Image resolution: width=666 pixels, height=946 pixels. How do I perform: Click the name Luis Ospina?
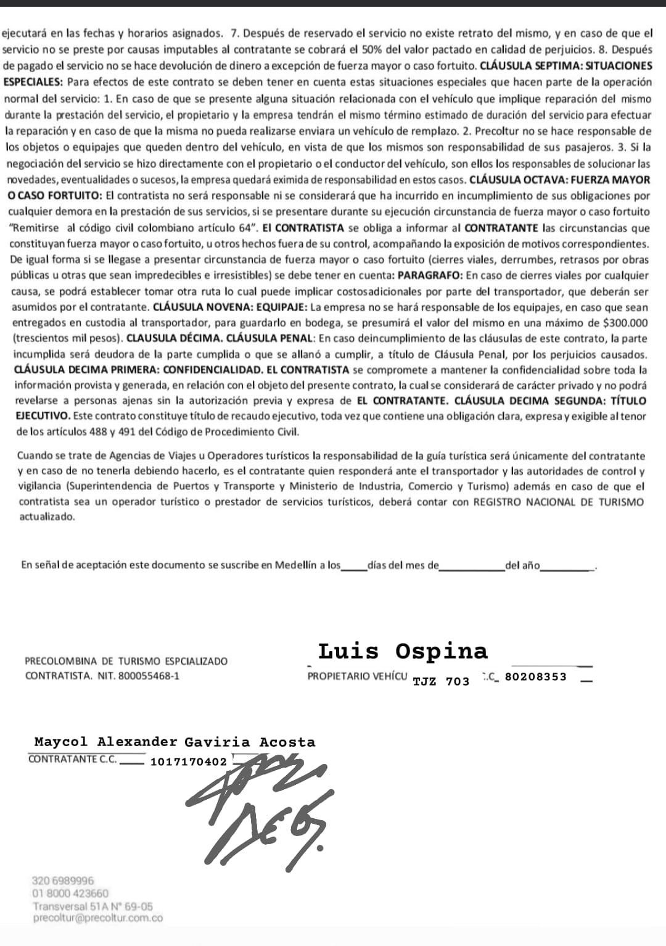(x=403, y=651)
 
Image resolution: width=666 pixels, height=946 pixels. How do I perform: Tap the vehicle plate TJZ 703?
(x=441, y=681)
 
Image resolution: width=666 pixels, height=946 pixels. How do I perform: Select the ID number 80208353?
(x=535, y=676)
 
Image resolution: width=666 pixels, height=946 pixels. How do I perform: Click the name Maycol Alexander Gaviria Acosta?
(x=175, y=742)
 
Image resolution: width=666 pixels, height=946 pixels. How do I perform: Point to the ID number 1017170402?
(x=189, y=761)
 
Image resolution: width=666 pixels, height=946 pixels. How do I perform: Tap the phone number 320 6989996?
(x=63, y=881)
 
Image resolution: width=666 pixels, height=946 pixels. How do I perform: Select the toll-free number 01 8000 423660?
(x=70, y=893)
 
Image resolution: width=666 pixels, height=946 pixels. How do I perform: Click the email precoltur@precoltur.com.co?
(x=98, y=918)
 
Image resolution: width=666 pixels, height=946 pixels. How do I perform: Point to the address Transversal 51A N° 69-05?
(x=92, y=906)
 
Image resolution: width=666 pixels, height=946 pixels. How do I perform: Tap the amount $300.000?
(x=625, y=322)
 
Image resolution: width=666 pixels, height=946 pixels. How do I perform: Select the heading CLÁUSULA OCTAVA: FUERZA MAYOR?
(x=559, y=180)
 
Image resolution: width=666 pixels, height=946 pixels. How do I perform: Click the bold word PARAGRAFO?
(x=430, y=275)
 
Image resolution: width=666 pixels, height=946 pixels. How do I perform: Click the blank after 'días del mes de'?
(x=472, y=566)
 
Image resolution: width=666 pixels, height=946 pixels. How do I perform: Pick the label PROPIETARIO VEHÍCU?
(x=357, y=676)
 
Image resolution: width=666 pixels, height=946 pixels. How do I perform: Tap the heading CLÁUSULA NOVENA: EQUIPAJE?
(x=230, y=307)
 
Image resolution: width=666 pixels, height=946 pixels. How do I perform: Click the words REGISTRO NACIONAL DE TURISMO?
(x=558, y=502)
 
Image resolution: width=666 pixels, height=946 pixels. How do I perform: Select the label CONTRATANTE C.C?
(x=72, y=759)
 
